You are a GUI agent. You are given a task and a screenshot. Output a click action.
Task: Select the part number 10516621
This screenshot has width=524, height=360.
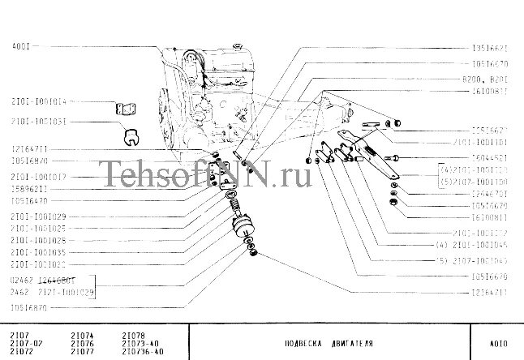coord(489,48)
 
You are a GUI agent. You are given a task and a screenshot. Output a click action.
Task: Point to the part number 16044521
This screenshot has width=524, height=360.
coord(489,157)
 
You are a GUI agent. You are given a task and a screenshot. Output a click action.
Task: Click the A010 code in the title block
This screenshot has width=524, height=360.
coord(500,342)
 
